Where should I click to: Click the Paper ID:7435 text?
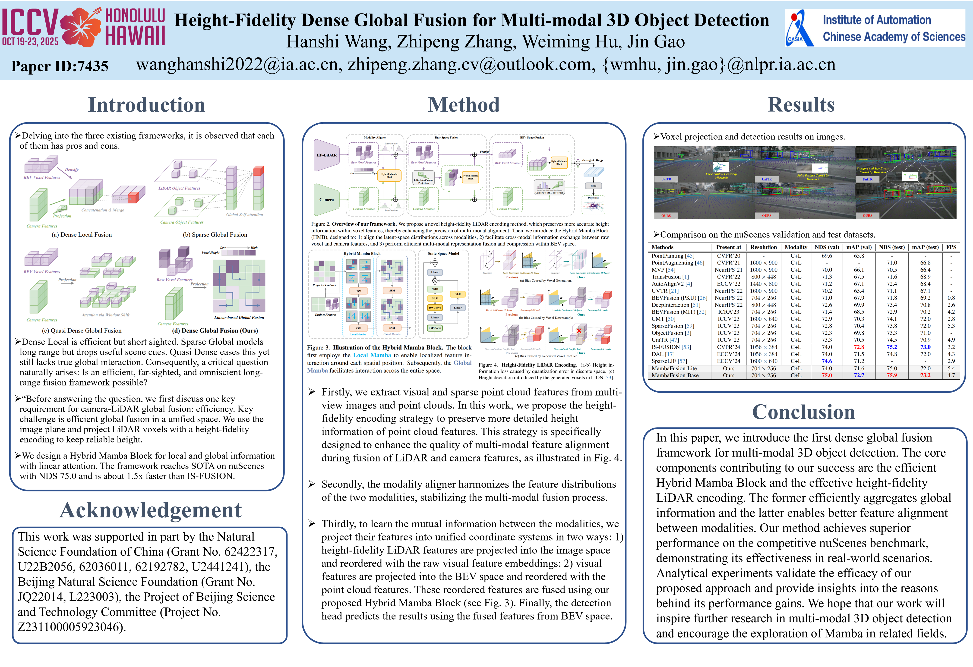60,66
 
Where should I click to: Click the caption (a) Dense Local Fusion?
82,235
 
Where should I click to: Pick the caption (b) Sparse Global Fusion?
215,235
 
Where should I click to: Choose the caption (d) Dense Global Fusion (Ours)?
215,330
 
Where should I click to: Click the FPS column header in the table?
951,247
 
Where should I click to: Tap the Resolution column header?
763,247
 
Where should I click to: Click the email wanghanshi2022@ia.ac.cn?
237,64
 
